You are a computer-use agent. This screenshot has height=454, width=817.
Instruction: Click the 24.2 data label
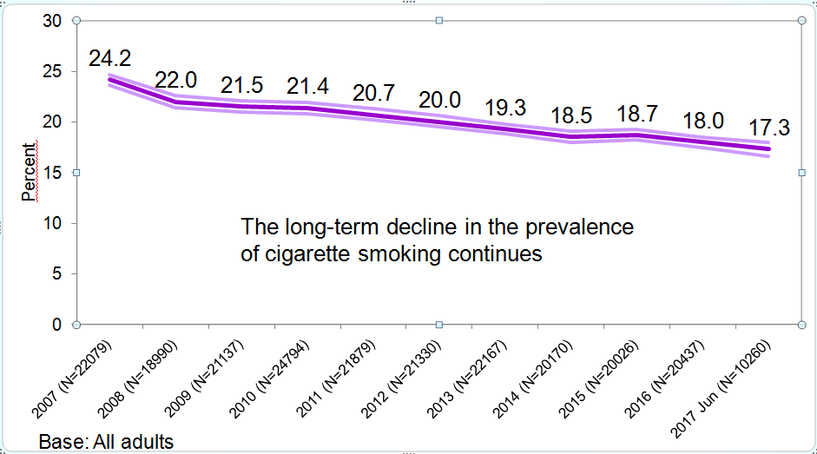coord(110,58)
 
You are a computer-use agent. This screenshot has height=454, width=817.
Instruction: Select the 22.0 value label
coord(176,80)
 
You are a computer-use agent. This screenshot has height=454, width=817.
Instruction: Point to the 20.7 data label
coord(373,93)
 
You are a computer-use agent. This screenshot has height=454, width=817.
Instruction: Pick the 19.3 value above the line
coord(505,107)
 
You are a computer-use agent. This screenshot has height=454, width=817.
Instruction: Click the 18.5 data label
coord(571,115)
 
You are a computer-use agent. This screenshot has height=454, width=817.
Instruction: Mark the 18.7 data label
coord(637,114)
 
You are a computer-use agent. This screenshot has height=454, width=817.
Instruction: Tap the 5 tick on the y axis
coord(56,274)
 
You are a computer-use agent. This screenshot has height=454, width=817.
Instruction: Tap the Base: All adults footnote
coord(106,442)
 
